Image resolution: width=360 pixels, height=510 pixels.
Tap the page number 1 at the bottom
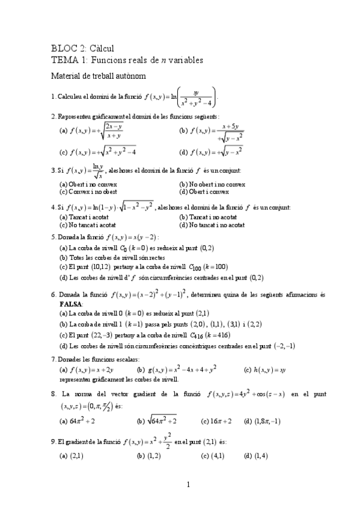coord(188,484)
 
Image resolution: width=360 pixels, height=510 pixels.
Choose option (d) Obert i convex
coord(204,192)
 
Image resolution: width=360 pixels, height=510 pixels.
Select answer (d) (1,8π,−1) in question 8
coord(263,421)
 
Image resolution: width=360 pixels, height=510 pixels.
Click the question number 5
coord(53,237)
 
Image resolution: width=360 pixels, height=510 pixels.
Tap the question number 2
coord(53,116)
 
